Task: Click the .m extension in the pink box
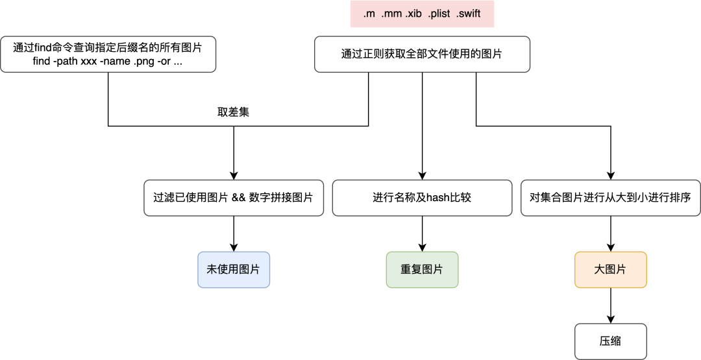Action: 369,14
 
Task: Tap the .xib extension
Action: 413,14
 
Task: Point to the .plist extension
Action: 439,14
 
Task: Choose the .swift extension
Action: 468,14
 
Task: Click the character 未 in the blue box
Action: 212,270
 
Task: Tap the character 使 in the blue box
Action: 223,270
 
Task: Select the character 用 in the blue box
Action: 233,270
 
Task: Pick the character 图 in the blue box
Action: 244,270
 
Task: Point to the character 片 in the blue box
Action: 254,270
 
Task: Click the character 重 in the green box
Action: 406,270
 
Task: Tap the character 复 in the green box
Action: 417,270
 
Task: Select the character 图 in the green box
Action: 427,270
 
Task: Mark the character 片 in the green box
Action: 438,270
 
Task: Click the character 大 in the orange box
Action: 600,270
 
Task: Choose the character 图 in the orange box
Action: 611,270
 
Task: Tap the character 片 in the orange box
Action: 621,270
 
